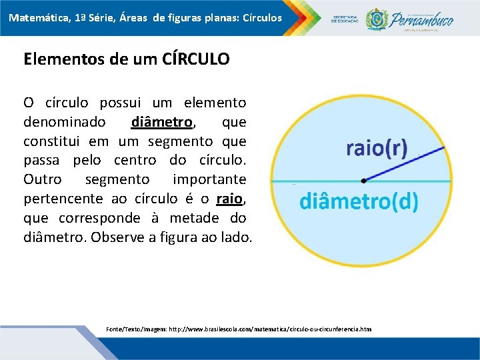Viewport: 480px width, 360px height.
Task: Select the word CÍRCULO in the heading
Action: point(195,59)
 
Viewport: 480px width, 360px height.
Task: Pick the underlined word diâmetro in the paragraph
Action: point(162,123)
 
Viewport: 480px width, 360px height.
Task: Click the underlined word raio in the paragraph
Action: point(229,199)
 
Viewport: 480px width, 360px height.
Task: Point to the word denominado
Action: point(64,123)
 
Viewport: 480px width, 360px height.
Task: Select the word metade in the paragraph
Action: point(174,218)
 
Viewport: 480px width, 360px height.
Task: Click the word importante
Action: point(209,180)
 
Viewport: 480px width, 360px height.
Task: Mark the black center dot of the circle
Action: point(363,180)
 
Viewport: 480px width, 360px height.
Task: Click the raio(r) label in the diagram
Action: point(377,148)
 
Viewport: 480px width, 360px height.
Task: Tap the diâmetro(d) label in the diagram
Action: point(359,201)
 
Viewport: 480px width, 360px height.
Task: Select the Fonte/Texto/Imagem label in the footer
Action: point(137,329)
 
